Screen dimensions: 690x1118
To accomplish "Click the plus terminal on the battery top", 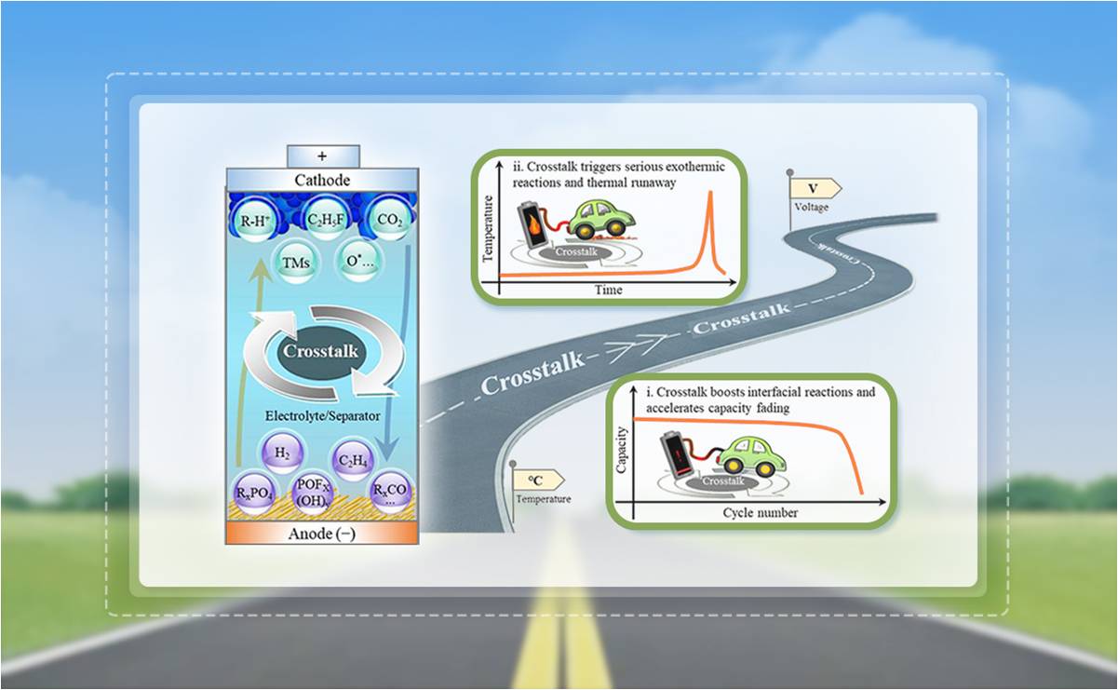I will pyautogui.click(x=323, y=156).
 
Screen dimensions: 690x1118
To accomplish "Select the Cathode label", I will pyautogui.click(x=322, y=180).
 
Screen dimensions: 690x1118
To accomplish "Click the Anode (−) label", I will pyautogui.click(x=322, y=534).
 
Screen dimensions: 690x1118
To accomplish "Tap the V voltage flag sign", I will pyautogui.click(x=813, y=188).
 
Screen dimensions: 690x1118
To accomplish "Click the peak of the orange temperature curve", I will pyautogui.click(x=709, y=193).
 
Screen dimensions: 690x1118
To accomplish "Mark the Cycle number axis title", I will pyautogui.click(x=761, y=513).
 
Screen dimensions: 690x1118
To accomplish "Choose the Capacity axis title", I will pyautogui.click(x=622, y=450).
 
